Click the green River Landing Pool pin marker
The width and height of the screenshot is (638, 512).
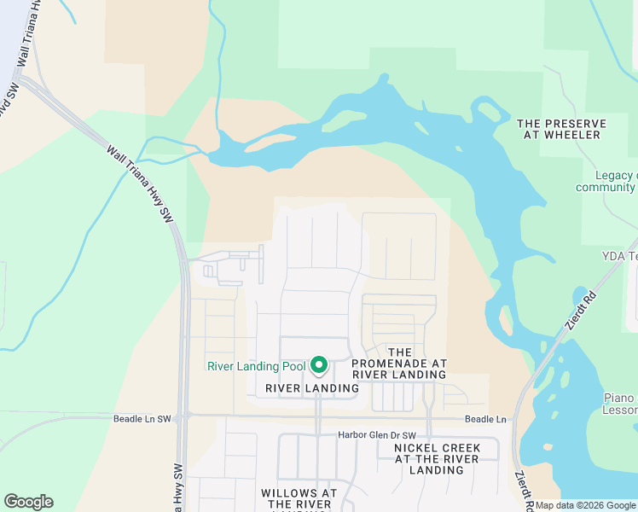319,365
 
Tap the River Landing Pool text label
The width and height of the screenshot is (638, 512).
256,367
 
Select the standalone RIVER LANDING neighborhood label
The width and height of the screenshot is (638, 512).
312,388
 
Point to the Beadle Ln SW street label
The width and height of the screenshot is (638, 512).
142,419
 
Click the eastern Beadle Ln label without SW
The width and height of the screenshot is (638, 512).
485,419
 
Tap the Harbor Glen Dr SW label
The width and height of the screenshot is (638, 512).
376,435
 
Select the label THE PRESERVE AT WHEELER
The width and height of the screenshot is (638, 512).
562,129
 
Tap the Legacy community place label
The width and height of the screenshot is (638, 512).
606,181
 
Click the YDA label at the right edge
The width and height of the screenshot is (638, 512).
620,256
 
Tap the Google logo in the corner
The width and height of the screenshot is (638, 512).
28,501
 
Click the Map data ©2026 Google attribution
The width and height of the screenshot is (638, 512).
585,506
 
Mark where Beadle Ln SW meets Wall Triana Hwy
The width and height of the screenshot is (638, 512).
184,417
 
